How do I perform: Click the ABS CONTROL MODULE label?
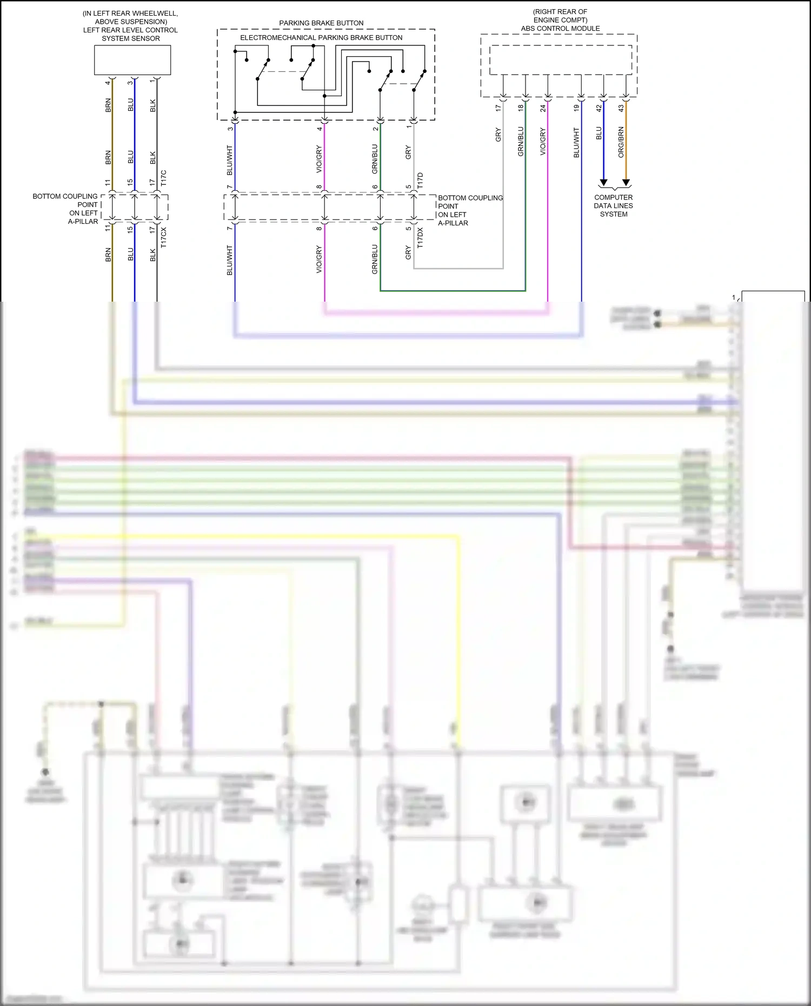pyautogui.click(x=560, y=29)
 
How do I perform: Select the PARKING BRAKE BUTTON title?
pyautogui.click(x=321, y=23)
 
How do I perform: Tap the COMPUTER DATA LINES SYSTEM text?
pyautogui.click(x=613, y=206)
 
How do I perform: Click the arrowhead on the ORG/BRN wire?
pyautogui.click(x=626, y=183)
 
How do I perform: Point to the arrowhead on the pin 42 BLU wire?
pyautogui.click(x=603, y=183)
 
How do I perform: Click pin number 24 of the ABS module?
pyautogui.click(x=543, y=108)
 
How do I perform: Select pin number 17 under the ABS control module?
pyautogui.click(x=498, y=108)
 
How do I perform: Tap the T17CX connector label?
pyautogui.click(x=163, y=238)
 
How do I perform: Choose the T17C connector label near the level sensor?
pyautogui.click(x=163, y=178)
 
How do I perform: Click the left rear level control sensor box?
pyautogui.click(x=132, y=60)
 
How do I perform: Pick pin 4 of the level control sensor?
pyautogui.click(x=108, y=83)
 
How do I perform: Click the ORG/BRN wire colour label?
pyautogui.click(x=621, y=142)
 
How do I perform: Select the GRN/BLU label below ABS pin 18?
pyautogui.click(x=521, y=142)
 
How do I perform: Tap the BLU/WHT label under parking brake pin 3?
pyautogui.click(x=230, y=160)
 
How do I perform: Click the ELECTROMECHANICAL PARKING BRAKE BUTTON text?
pyautogui.click(x=321, y=38)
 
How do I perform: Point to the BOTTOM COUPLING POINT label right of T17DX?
pyautogui.click(x=469, y=210)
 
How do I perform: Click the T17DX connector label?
pyautogui.click(x=420, y=238)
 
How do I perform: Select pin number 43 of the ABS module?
pyautogui.click(x=621, y=108)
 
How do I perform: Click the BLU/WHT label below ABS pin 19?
pyautogui.click(x=576, y=143)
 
